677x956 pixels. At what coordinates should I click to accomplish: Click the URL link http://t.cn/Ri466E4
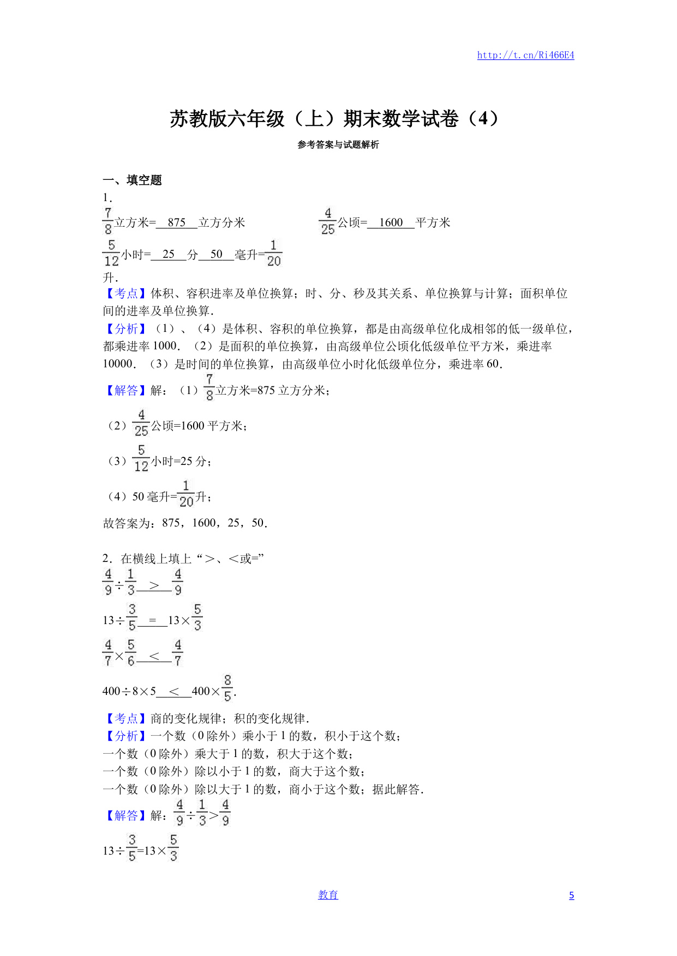[x=525, y=55]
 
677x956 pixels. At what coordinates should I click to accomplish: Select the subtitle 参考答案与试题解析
[x=338, y=145]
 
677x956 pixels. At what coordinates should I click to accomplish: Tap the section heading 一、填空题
[x=133, y=180]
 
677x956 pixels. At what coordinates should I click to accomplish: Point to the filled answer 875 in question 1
[x=177, y=222]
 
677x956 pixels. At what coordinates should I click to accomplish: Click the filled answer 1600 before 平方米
[x=391, y=222]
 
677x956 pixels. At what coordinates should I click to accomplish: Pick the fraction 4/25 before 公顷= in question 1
[x=328, y=221]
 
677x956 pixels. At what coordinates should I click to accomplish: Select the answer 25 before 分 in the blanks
[x=169, y=254]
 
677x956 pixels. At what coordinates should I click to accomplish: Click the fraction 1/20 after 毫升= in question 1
[x=274, y=253]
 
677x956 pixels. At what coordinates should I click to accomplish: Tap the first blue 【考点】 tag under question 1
[x=126, y=294]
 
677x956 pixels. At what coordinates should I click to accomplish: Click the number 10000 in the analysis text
[x=118, y=364]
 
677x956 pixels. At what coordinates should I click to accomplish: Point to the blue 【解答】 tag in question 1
[x=126, y=390]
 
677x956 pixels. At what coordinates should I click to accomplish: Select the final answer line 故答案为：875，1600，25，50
[x=185, y=523]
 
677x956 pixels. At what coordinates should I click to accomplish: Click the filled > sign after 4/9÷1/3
[x=154, y=585]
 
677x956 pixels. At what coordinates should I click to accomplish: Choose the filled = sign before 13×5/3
[x=152, y=620]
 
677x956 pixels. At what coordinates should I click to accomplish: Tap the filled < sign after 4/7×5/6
[x=154, y=656]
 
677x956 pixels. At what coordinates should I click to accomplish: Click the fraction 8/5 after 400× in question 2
[x=227, y=688]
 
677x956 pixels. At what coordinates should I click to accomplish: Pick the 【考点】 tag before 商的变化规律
[x=126, y=719]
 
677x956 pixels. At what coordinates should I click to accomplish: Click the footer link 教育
[x=328, y=895]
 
